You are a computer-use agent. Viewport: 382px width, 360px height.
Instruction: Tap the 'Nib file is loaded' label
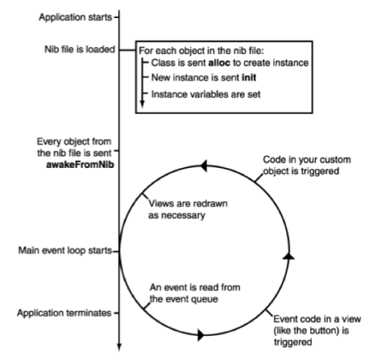pos(78,51)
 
